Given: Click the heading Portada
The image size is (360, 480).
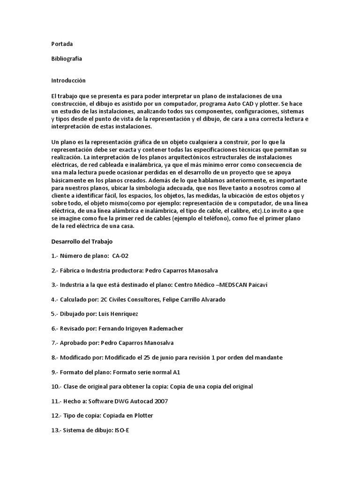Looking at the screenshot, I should coord(62,44).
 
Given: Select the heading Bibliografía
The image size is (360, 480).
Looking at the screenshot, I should coord(66,59).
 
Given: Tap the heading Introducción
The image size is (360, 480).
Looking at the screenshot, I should coord(68,81).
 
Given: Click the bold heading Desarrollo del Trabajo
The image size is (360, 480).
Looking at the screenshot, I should coord(82,241).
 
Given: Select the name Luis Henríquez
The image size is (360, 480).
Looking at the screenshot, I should coord(120,314).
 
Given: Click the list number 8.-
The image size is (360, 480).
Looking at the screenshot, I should coord(56,358).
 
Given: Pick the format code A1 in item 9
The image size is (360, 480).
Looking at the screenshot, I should coord(176,372).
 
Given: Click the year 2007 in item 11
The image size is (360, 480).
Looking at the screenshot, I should coord(160,401).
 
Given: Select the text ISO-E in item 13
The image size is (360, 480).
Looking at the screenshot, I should coord(121,430).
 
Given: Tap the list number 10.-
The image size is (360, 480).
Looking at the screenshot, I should coord(57,387).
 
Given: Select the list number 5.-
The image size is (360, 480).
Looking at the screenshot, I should coord(56,314).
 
